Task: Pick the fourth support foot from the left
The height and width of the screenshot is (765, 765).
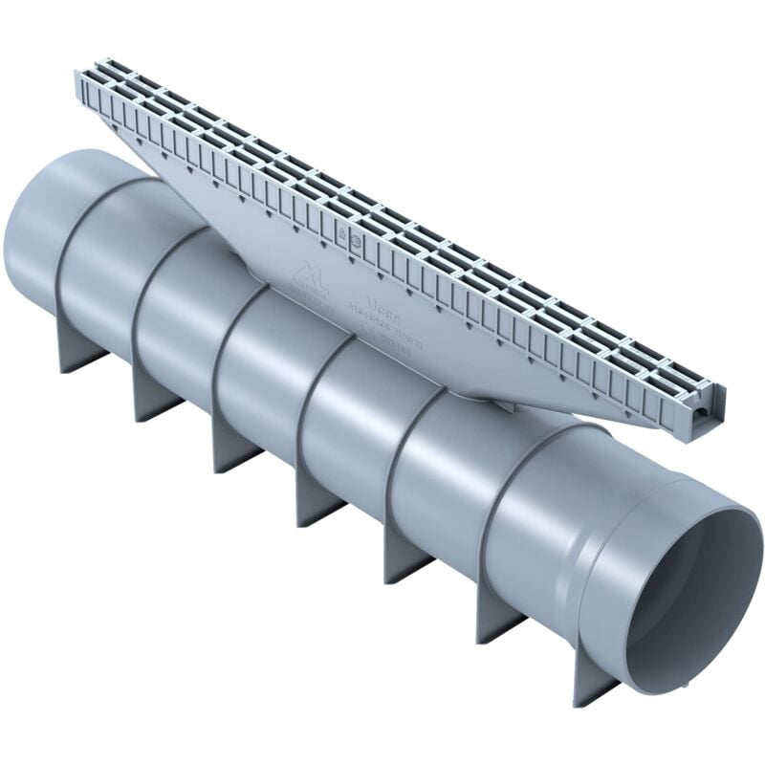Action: (x=316, y=497)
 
